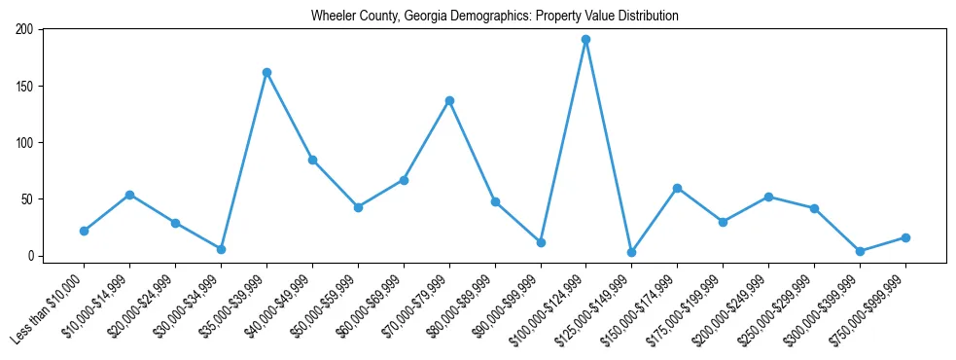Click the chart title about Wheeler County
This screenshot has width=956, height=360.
[x=494, y=16]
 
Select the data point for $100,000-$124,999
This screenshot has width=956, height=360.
[x=585, y=40]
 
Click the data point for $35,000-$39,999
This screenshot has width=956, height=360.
[x=266, y=72]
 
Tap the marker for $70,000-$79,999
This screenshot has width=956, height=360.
[x=449, y=100]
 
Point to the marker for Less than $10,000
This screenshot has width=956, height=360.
[x=85, y=231]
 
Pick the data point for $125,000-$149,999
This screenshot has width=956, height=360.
[x=631, y=252]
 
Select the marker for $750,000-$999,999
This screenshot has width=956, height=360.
[x=905, y=237]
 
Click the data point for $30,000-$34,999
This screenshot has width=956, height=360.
[x=221, y=249]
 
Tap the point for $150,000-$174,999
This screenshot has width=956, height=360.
[x=677, y=188]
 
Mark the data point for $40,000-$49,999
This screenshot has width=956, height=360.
[x=312, y=160]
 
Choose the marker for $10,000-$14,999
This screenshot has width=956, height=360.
[x=129, y=195]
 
